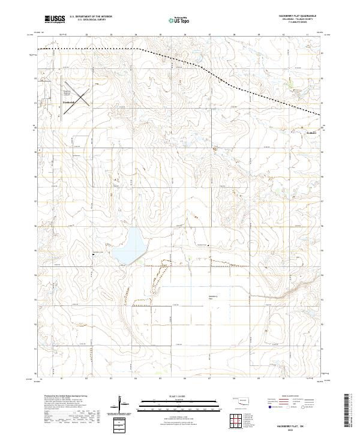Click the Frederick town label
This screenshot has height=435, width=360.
70,103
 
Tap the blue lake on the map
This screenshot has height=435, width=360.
130,245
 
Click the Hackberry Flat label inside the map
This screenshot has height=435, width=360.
212,298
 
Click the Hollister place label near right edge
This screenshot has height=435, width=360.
311,133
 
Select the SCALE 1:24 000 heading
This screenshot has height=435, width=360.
171,397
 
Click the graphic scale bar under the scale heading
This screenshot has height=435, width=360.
171,403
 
